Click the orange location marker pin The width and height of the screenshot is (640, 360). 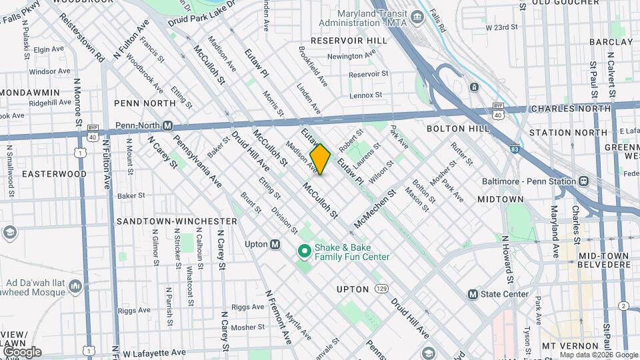[x=320, y=159]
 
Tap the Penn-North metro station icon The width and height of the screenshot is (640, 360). [x=169, y=125]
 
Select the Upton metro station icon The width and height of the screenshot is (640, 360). [x=275, y=244]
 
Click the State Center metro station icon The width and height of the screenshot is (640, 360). [x=473, y=294]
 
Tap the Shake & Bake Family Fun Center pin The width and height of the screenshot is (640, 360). [x=304, y=251]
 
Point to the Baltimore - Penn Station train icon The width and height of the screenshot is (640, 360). [x=584, y=181]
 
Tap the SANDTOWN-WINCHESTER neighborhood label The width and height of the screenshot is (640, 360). [x=175, y=221]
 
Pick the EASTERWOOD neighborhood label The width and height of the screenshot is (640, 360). [x=54, y=173]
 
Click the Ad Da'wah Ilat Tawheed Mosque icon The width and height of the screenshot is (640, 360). [x=75, y=287]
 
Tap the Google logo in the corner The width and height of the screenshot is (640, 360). [x=21, y=351]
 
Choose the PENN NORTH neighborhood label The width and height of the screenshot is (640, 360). [x=145, y=103]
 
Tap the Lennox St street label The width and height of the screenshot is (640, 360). [x=366, y=95]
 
